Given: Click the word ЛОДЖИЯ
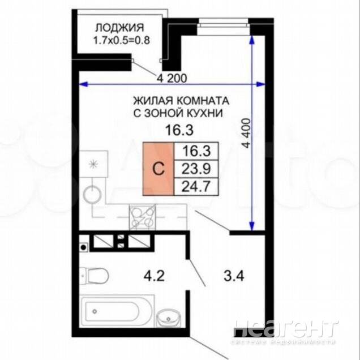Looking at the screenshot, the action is pos(119,28).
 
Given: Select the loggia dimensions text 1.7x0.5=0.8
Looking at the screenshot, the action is pos(122,40).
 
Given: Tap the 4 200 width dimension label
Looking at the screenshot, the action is pos(172,78).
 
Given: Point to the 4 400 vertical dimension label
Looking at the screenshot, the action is pos(247,133).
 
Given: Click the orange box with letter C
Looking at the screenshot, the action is pos(158,169).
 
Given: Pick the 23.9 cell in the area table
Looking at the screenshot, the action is pos(196,169).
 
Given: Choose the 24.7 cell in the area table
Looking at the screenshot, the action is pos(196,187).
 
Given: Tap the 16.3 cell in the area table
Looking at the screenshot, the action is pos(196,151).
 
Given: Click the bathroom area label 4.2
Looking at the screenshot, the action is pos(154,276).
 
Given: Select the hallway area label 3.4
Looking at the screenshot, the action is pos(234,276).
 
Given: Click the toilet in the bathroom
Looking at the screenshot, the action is pos(95,276).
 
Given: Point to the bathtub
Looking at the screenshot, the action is pos(116,311).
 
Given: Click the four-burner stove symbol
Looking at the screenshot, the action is pos(142,216).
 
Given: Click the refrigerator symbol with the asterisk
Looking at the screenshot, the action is pos(93,164).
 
